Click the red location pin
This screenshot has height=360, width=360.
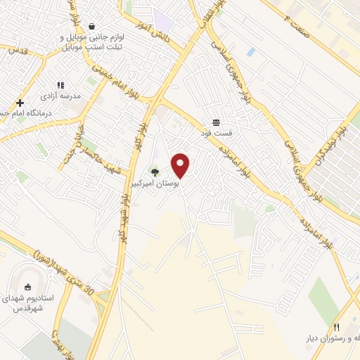181,165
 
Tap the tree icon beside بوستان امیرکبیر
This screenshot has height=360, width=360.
155,172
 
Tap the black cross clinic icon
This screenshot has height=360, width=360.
20,103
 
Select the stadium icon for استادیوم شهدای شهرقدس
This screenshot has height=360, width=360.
28,286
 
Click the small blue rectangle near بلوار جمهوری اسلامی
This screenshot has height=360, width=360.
251,52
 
